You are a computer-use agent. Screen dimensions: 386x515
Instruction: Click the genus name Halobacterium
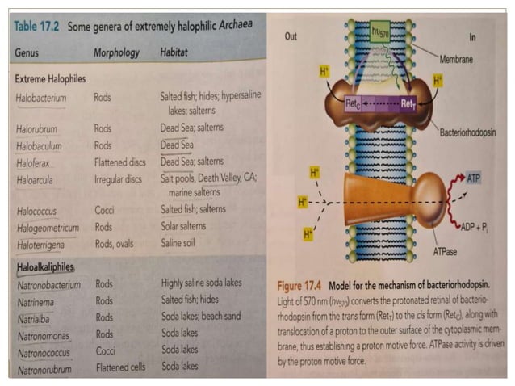pos(40,98)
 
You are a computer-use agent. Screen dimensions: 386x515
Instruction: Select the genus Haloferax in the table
pos(36,162)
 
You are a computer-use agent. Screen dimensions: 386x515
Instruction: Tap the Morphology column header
pos(116,52)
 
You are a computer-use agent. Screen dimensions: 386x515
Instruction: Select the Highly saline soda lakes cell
pos(201,284)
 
